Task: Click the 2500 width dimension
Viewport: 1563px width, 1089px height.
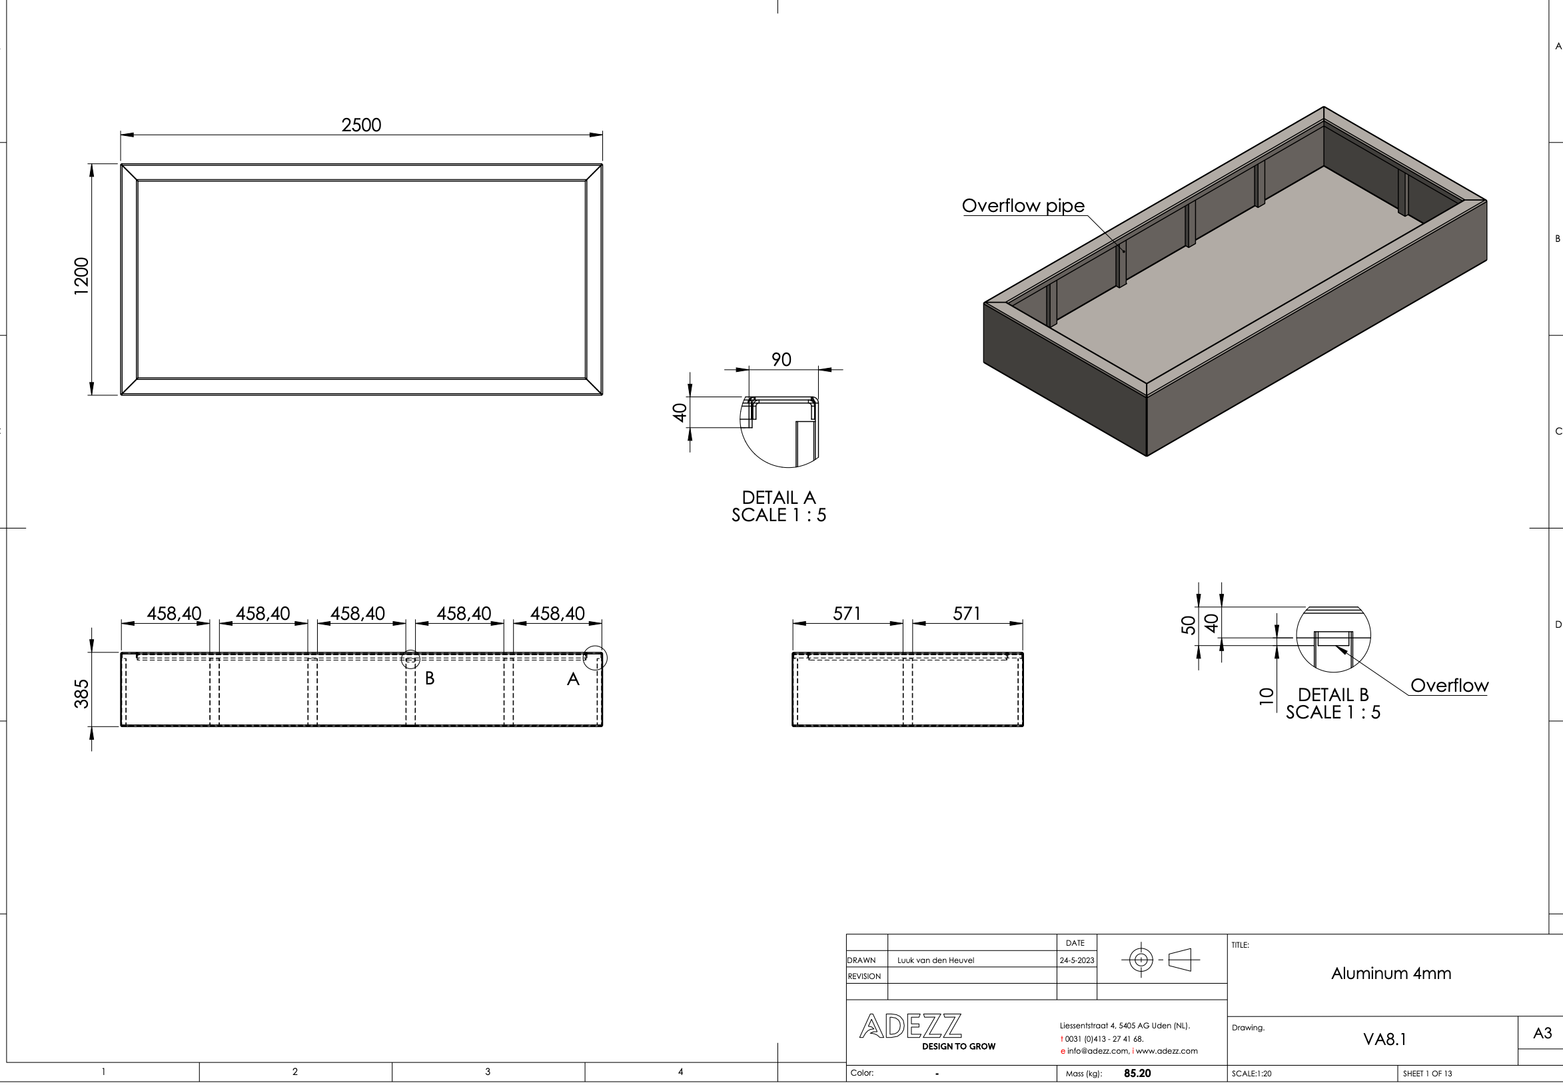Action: (361, 125)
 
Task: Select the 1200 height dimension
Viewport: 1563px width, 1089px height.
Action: (81, 276)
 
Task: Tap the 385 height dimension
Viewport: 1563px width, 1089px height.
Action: (81, 693)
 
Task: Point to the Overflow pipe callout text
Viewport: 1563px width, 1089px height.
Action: (1023, 206)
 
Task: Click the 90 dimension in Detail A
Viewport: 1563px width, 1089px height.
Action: (781, 360)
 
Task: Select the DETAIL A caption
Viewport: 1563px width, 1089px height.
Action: (779, 506)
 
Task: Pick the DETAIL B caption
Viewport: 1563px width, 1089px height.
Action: (1332, 703)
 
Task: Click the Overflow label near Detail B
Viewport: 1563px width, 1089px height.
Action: (1448, 685)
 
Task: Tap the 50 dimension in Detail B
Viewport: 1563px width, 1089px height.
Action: (1188, 624)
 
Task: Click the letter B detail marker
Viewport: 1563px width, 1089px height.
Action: (430, 678)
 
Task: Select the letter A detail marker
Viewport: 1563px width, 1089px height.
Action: (573, 679)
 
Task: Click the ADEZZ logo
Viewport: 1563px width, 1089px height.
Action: (910, 1026)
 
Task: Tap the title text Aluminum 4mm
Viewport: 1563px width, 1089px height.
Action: (1390, 973)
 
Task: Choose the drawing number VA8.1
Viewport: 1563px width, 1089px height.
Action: (1384, 1039)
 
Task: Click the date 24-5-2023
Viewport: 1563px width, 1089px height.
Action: (1076, 960)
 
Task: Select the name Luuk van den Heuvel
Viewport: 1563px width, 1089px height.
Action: (935, 960)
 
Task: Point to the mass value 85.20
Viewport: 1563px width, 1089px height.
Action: (1137, 1073)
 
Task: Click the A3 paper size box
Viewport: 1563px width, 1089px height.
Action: (1542, 1033)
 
